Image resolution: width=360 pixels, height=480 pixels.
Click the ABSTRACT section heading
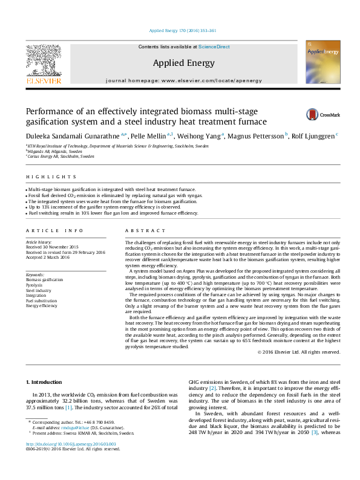pyautogui.click(x=145, y=230)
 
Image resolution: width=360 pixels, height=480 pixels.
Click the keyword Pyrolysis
pyautogui.click(x=35, y=285)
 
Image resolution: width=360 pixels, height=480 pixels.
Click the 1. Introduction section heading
pyautogui.click(x=46, y=382)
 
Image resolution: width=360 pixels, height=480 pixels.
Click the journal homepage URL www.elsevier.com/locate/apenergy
pyautogui.click(x=208, y=80)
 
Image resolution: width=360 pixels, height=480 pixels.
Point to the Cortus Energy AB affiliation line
pyautogui.click(x=61, y=156)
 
